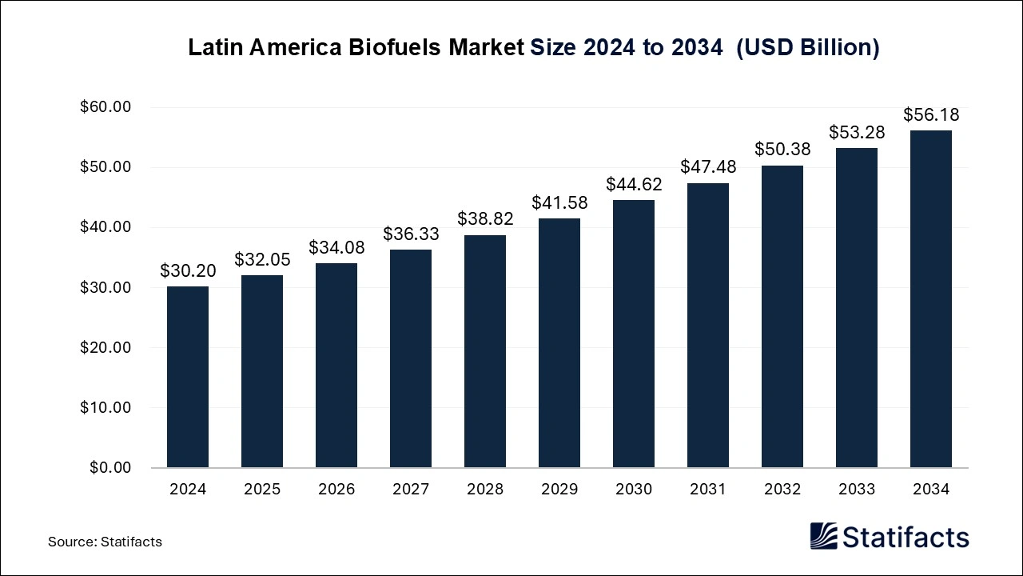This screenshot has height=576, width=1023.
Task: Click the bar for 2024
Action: pyautogui.click(x=188, y=377)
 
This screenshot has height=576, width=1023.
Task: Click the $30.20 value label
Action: pyautogui.click(x=188, y=271)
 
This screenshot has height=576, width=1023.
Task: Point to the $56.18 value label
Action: pyautogui.click(x=931, y=115)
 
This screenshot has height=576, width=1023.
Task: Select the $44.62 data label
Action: pyautogui.click(x=634, y=185)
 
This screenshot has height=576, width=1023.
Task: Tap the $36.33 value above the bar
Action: pyautogui.click(x=411, y=234)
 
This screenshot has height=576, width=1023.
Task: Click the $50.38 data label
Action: pyautogui.click(x=782, y=150)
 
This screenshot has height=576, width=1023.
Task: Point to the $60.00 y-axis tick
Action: pyautogui.click(x=105, y=107)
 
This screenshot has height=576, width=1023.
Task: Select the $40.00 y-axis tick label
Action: pyautogui.click(x=105, y=227)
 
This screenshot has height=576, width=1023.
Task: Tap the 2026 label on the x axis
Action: pyautogui.click(x=336, y=490)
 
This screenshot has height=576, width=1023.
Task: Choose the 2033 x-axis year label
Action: pyautogui.click(x=857, y=490)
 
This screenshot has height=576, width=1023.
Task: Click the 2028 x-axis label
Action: pyautogui.click(x=485, y=490)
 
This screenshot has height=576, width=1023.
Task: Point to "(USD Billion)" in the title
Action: pyautogui.click(x=807, y=48)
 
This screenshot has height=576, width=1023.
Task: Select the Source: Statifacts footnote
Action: pyautogui.click(x=105, y=542)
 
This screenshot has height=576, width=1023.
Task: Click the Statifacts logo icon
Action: pyautogui.click(x=823, y=536)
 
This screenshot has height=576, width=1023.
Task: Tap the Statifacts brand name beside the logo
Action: pyautogui.click(x=906, y=537)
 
